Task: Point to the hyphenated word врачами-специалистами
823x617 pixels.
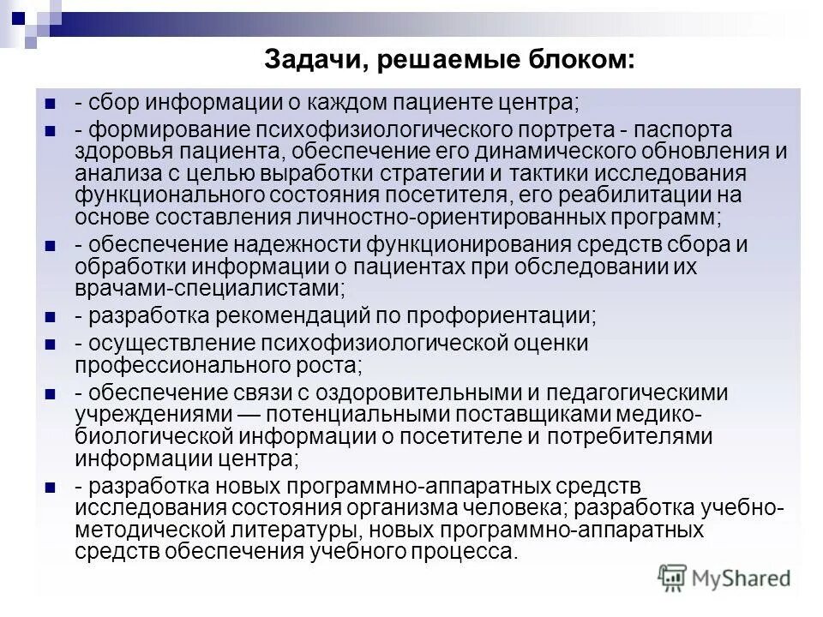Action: click(x=210, y=288)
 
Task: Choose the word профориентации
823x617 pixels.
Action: click(x=514, y=314)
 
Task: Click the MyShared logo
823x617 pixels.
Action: click(x=725, y=577)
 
